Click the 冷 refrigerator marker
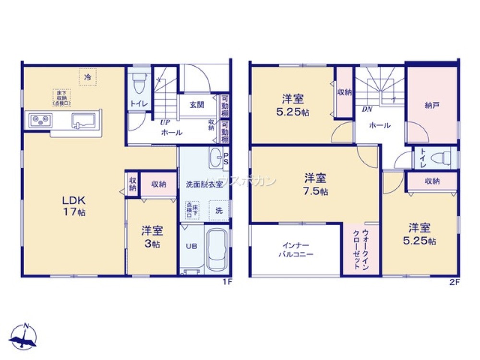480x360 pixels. click(x=88, y=77)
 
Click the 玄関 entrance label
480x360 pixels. click(x=197, y=105)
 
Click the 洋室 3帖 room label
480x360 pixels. click(x=152, y=237)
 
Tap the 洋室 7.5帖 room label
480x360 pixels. click(x=315, y=185)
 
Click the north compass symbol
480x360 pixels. click(x=24, y=336)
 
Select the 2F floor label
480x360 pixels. click(x=454, y=283)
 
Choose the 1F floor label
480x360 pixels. click(x=227, y=283)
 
